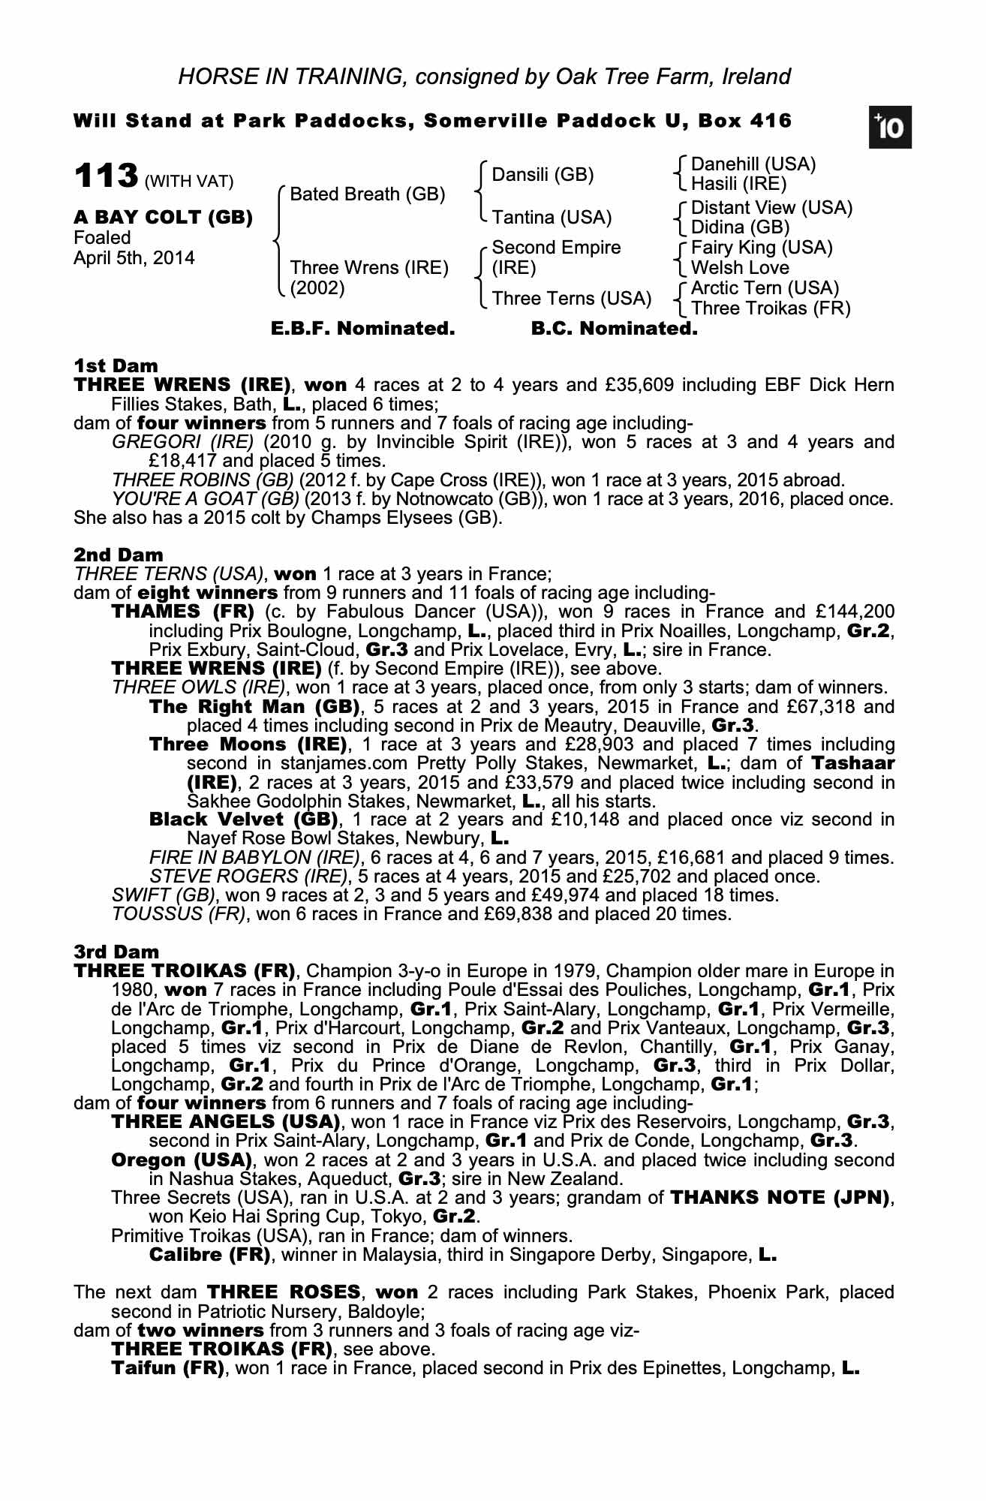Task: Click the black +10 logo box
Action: click(x=890, y=128)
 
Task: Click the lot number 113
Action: click(x=105, y=177)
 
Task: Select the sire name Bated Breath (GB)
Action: click(x=368, y=194)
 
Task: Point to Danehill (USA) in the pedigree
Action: click(x=753, y=164)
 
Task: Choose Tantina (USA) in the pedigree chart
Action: click(x=552, y=217)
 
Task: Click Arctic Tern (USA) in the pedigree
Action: click(x=765, y=288)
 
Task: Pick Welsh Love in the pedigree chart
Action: click(x=740, y=268)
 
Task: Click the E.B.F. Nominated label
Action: click(x=362, y=329)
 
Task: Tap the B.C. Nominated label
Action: click(x=614, y=329)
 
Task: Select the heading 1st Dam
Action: click(x=116, y=365)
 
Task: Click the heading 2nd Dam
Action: click(x=118, y=555)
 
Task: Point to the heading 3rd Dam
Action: click(x=116, y=952)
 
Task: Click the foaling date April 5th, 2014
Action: click(x=134, y=258)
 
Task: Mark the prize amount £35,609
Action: click(x=637, y=385)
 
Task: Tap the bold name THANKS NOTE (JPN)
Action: click(x=780, y=1197)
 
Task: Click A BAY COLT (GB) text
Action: click(x=163, y=218)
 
